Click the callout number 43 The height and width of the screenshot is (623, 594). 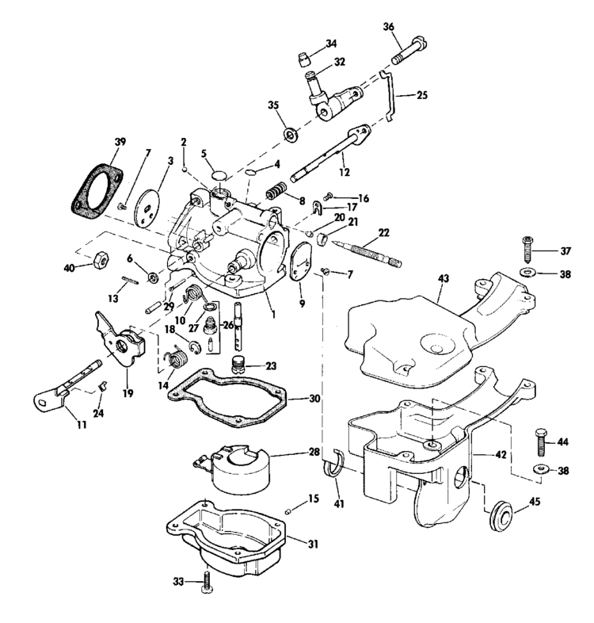(x=443, y=278)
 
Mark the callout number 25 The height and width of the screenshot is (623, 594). (x=421, y=94)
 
